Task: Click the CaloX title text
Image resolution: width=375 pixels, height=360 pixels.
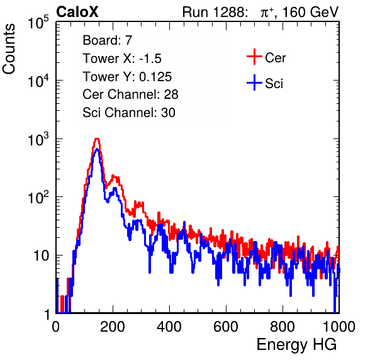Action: click(77, 12)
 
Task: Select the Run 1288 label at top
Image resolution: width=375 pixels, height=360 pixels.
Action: click(214, 12)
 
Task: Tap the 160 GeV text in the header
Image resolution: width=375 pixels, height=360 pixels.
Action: click(311, 12)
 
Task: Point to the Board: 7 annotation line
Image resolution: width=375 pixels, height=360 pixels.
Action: click(108, 40)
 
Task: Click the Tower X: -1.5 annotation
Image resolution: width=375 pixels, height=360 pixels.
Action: click(122, 59)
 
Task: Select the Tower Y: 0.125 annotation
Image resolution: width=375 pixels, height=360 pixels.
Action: click(127, 77)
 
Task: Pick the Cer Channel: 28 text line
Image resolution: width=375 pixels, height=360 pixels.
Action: click(130, 94)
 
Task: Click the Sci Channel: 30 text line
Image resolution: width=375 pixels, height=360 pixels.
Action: click(129, 113)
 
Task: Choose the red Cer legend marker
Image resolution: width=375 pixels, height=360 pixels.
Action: click(254, 57)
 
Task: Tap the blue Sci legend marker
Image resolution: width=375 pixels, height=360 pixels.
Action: click(254, 83)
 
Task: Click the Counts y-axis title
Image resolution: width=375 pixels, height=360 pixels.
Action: click(9, 49)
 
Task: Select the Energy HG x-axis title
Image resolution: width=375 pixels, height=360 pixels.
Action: click(296, 345)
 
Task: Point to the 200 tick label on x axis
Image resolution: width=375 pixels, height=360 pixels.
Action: click(113, 327)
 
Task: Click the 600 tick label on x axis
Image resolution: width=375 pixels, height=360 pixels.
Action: click(226, 327)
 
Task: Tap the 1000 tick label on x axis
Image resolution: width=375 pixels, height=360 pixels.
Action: click(339, 327)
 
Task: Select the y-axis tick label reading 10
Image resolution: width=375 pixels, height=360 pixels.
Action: click(41, 256)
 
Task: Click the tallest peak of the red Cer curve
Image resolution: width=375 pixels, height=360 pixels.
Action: click(97, 138)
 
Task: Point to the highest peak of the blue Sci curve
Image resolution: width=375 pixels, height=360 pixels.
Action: click(97, 149)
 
